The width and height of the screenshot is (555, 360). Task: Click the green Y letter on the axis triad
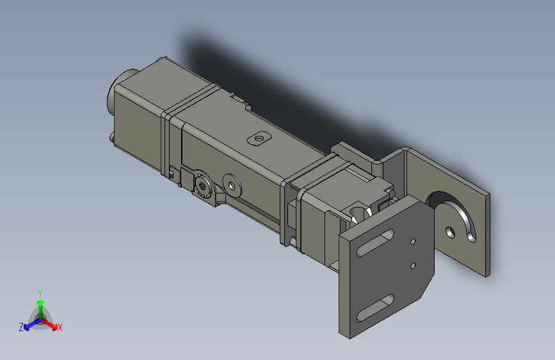point(40,291)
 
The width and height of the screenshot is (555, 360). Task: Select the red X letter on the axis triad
point(60,327)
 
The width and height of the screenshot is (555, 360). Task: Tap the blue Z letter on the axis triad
point(21,327)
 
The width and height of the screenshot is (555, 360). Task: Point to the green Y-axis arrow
point(40,304)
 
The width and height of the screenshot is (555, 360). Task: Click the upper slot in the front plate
point(373,243)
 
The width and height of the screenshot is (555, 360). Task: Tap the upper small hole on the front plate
point(414,241)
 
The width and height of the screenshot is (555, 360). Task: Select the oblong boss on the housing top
point(259,137)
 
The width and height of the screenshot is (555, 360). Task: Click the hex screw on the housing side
point(204,186)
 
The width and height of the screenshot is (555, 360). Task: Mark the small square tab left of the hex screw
point(172,174)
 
